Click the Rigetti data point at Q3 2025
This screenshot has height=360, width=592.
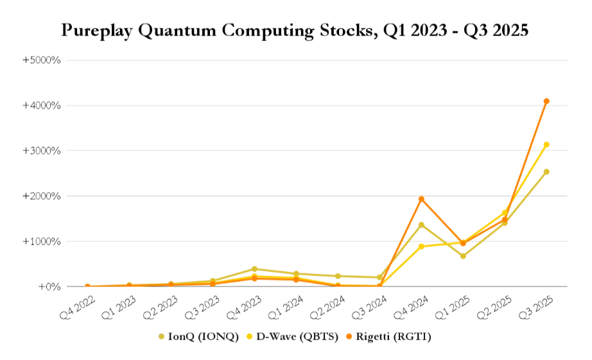(546, 101)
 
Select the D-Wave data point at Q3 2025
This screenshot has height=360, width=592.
(546, 145)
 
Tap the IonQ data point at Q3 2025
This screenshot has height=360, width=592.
(546, 172)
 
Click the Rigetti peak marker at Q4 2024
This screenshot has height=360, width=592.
(421, 199)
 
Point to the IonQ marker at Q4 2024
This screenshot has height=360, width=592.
(421, 225)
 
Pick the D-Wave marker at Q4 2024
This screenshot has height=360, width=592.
(421, 246)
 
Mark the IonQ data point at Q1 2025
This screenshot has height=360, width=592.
(463, 256)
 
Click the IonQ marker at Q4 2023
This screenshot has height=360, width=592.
(254, 269)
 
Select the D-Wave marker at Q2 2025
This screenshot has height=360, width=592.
(505, 212)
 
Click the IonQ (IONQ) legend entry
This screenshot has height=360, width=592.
(198, 336)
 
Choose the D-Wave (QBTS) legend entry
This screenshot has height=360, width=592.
(299, 336)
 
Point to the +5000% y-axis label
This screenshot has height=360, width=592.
(42, 60)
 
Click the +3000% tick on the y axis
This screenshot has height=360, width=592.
(42, 151)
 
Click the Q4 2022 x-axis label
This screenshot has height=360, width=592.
(76, 305)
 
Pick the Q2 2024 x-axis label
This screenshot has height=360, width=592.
(327, 305)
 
